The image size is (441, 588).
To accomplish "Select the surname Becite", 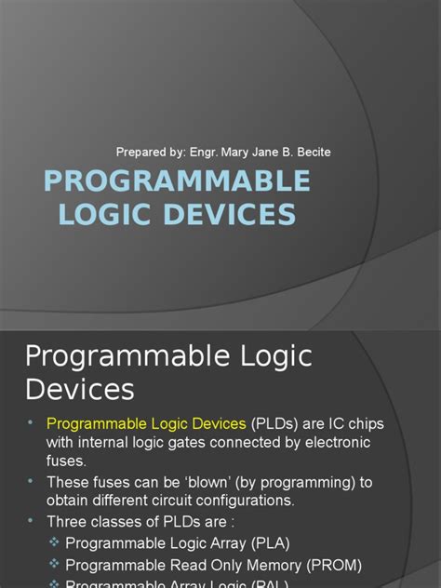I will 310,152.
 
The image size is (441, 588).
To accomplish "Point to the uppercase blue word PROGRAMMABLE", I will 177,180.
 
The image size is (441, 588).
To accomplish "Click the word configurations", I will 234,501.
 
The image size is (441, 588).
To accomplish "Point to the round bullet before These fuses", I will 31,480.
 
